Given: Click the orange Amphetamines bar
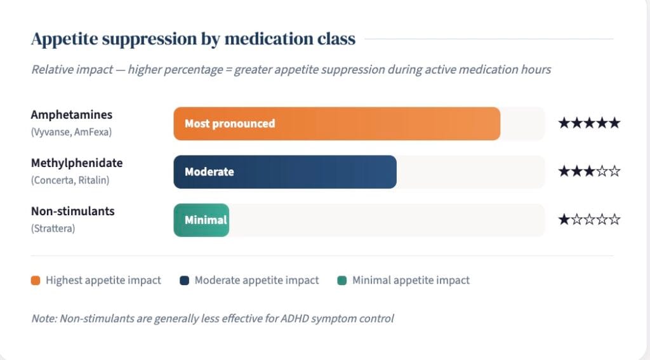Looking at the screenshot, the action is point(336,124).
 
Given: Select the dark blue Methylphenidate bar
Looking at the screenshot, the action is point(285,171).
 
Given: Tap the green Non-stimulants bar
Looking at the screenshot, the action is point(201,220).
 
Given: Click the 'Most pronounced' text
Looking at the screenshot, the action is point(230,124).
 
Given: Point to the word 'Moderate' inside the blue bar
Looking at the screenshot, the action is point(209,171).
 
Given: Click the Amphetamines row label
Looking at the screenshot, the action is point(72,115).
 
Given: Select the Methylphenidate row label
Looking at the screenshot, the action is point(77,163).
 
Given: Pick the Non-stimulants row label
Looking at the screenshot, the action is point(72,211).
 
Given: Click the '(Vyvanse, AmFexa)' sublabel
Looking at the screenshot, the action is point(71,132).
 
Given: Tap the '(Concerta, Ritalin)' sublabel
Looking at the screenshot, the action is point(70,180).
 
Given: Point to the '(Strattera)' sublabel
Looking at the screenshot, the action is point(53,229).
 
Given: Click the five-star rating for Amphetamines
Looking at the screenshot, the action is point(589,123).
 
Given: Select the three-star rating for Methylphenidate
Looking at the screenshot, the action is point(589,171).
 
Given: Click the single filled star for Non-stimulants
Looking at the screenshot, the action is point(564,219).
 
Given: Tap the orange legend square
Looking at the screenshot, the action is point(36,281).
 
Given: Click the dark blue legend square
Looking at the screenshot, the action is point(185,281).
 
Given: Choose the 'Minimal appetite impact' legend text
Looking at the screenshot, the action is point(411,281).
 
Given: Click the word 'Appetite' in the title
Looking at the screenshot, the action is point(64,39).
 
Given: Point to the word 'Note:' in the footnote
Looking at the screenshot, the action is point(44,319).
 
